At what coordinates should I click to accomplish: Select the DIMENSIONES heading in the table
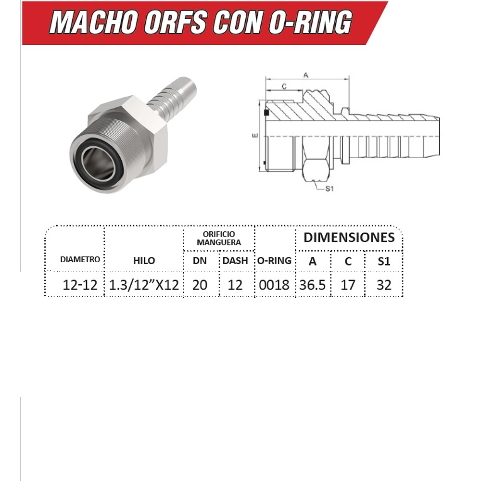tap(349, 237)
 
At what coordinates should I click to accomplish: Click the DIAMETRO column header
tap(80, 259)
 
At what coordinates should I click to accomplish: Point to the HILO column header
tap(144, 261)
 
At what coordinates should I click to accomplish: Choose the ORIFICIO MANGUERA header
tap(219, 238)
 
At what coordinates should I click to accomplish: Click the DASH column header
tap(235, 261)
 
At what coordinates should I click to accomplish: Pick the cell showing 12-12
tap(80, 285)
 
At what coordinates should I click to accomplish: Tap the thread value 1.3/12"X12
tap(144, 285)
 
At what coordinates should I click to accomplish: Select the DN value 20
tap(200, 285)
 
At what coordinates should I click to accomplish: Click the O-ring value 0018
tap(274, 285)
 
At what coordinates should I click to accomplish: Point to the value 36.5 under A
tap(312, 285)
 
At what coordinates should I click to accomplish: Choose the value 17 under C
tap(348, 285)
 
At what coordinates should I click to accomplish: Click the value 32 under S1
tap(384, 285)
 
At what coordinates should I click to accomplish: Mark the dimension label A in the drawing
tap(305, 75)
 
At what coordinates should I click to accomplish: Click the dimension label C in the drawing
tap(284, 87)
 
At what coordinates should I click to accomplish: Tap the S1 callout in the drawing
tap(329, 189)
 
